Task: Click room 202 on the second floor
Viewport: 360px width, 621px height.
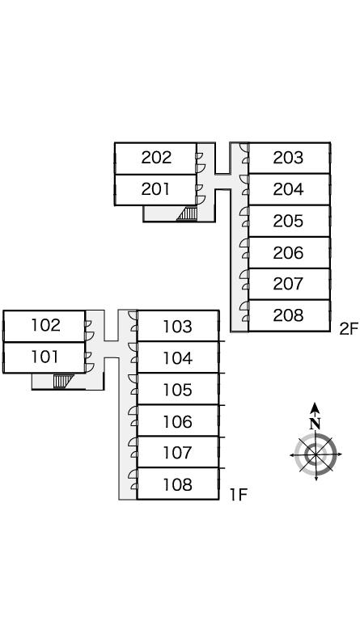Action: tap(155, 158)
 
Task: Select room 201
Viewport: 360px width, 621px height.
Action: tap(155, 190)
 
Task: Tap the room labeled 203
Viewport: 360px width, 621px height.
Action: tap(289, 158)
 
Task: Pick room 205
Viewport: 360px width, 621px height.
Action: tap(289, 221)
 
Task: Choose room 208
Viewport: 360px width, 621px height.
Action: tap(289, 315)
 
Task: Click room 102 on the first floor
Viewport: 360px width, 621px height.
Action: tap(44, 326)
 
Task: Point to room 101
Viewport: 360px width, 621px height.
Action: tap(44, 357)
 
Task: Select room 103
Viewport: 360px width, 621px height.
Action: tap(178, 326)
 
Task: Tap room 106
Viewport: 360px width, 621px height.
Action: tap(178, 420)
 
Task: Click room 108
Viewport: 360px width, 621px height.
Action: tap(178, 484)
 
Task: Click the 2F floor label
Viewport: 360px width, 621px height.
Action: tap(349, 329)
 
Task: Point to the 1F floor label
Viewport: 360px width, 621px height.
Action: tap(239, 494)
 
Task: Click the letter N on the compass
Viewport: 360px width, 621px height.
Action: tap(315, 424)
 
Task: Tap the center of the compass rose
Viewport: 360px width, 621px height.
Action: tap(316, 454)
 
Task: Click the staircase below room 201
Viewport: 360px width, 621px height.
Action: tap(188, 213)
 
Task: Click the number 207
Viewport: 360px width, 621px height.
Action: tap(288, 284)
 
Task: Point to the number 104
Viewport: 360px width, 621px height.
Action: tap(178, 358)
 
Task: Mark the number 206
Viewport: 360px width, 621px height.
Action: tap(288, 252)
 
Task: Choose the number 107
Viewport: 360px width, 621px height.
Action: tap(178, 452)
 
